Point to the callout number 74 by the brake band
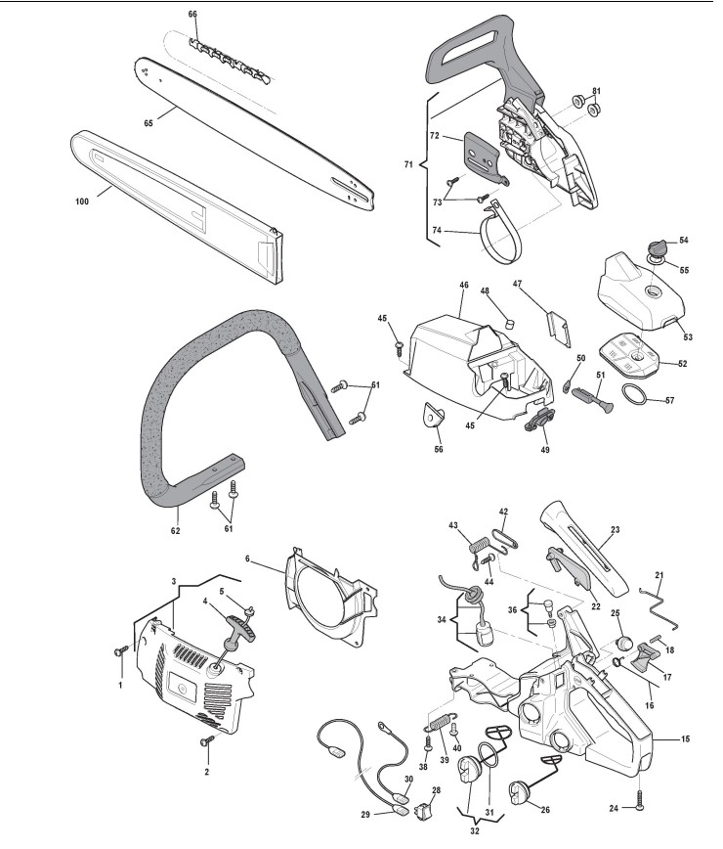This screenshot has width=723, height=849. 437,231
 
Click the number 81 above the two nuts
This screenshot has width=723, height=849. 596,91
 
